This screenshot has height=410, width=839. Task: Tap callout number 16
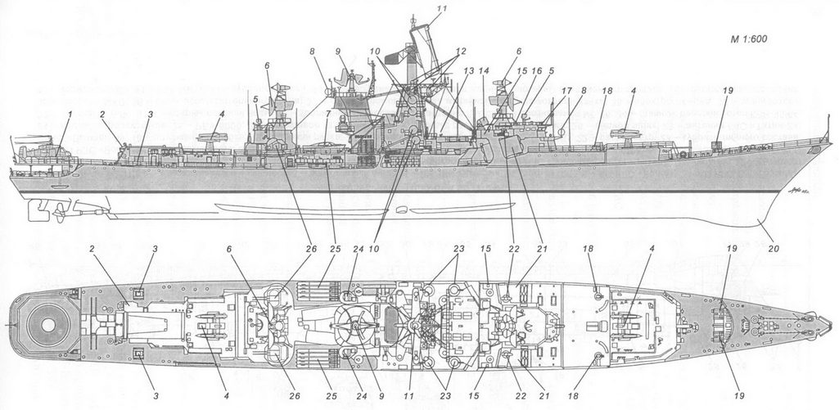click(x=537, y=71)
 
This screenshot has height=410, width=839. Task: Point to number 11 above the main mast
click(x=443, y=8)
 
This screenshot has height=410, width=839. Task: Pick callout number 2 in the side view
click(x=104, y=114)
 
